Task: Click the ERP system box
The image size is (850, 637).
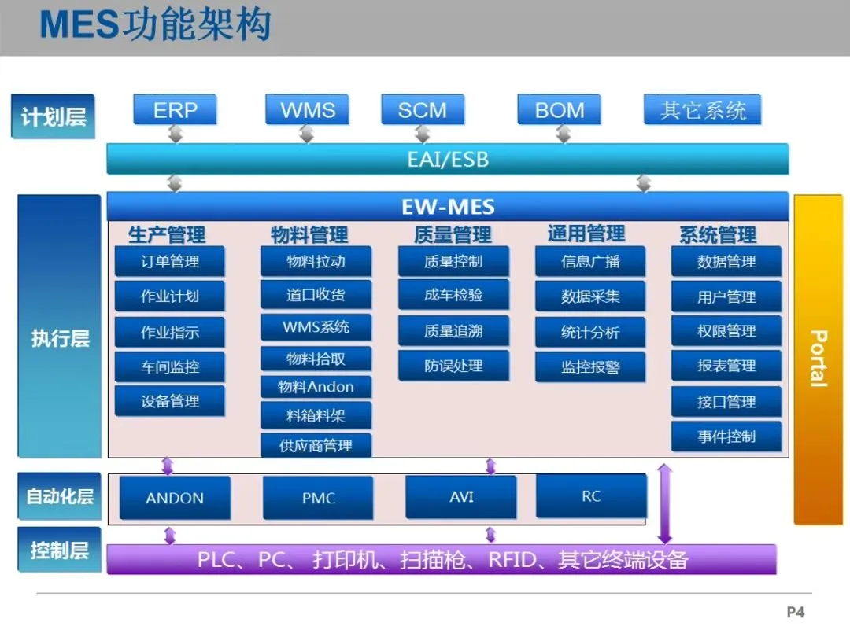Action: (175, 110)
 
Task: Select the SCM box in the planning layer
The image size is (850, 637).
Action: (422, 110)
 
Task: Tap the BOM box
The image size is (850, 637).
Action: (559, 110)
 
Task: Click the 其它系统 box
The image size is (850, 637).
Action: (703, 110)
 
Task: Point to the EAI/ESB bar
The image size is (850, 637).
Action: (447, 160)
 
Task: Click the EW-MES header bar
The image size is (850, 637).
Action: (447, 208)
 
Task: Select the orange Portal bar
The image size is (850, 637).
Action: (818, 359)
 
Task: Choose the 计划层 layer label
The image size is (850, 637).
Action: (54, 118)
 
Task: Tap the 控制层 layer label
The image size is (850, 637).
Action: (60, 550)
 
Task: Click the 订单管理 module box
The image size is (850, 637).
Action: (170, 262)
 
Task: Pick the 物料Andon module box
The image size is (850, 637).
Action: (316, 387)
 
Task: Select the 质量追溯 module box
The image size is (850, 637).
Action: (453, 331)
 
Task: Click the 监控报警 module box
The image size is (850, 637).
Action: (590, 367)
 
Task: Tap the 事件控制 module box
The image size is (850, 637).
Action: (726, 436)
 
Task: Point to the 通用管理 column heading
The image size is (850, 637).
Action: (586, 234)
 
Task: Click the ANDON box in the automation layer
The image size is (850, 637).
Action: (175, 498)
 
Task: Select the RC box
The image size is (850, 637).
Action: (591, 496)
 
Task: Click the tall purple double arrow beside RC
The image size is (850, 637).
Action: (665, 504)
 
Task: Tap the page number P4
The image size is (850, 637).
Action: (796, 612)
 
